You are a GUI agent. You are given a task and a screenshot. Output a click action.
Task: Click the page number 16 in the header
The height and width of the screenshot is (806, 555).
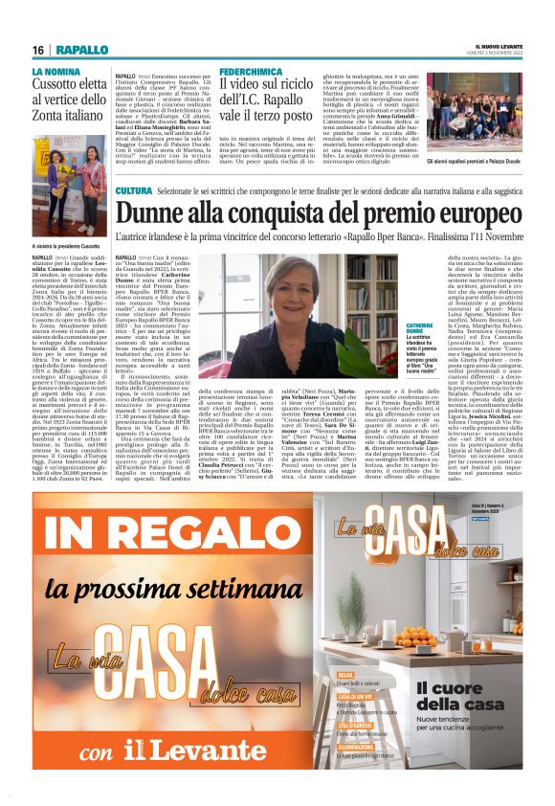coord(38,50)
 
